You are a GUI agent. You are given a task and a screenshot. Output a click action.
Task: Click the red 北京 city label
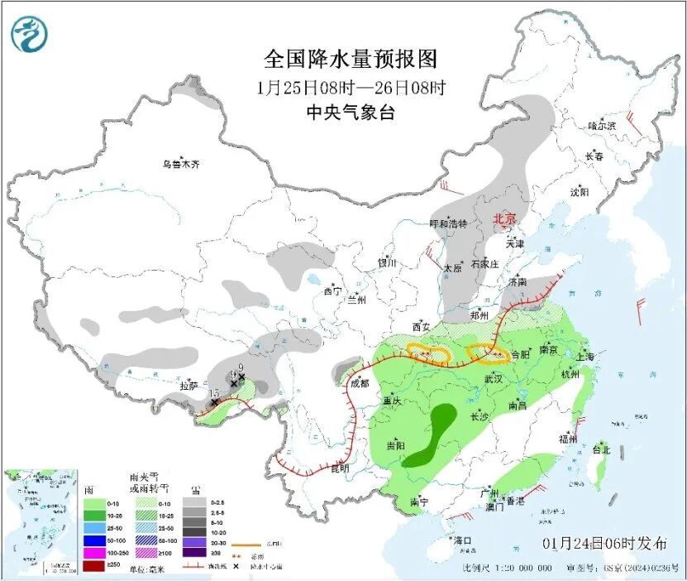pyautogui.click(x=504, y=219)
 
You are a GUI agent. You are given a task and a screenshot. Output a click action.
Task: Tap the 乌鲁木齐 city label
pyautogui.click(x=180, y=164)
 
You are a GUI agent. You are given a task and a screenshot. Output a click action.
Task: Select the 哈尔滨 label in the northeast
pyautogui.click(x=602, y=126)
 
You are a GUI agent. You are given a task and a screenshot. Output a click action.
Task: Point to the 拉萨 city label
pyautogui.click(x=188, y=386)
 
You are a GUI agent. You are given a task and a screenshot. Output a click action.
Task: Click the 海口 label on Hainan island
pyautogui.click(x=462, y=540)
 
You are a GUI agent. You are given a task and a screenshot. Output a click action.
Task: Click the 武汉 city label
pyautogui.click(x=494, y=378)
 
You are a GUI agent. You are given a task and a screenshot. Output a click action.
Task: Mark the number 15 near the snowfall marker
pyautogui.click(x=213, y=393)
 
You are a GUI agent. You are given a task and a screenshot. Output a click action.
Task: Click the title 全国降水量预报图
pyautogui.click(x=350, y=60)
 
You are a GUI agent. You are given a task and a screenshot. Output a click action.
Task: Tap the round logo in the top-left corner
pyautogui.click(x=30, y=34)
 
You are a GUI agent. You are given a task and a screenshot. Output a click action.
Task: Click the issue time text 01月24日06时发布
pyautogui.click(x=605, y=544)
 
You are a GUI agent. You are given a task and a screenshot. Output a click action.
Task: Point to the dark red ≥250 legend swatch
pyautogui.click(x=93, y=566)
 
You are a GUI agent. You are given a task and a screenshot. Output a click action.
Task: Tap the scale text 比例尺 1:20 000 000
pyautogui.click(x=507, y=569)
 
